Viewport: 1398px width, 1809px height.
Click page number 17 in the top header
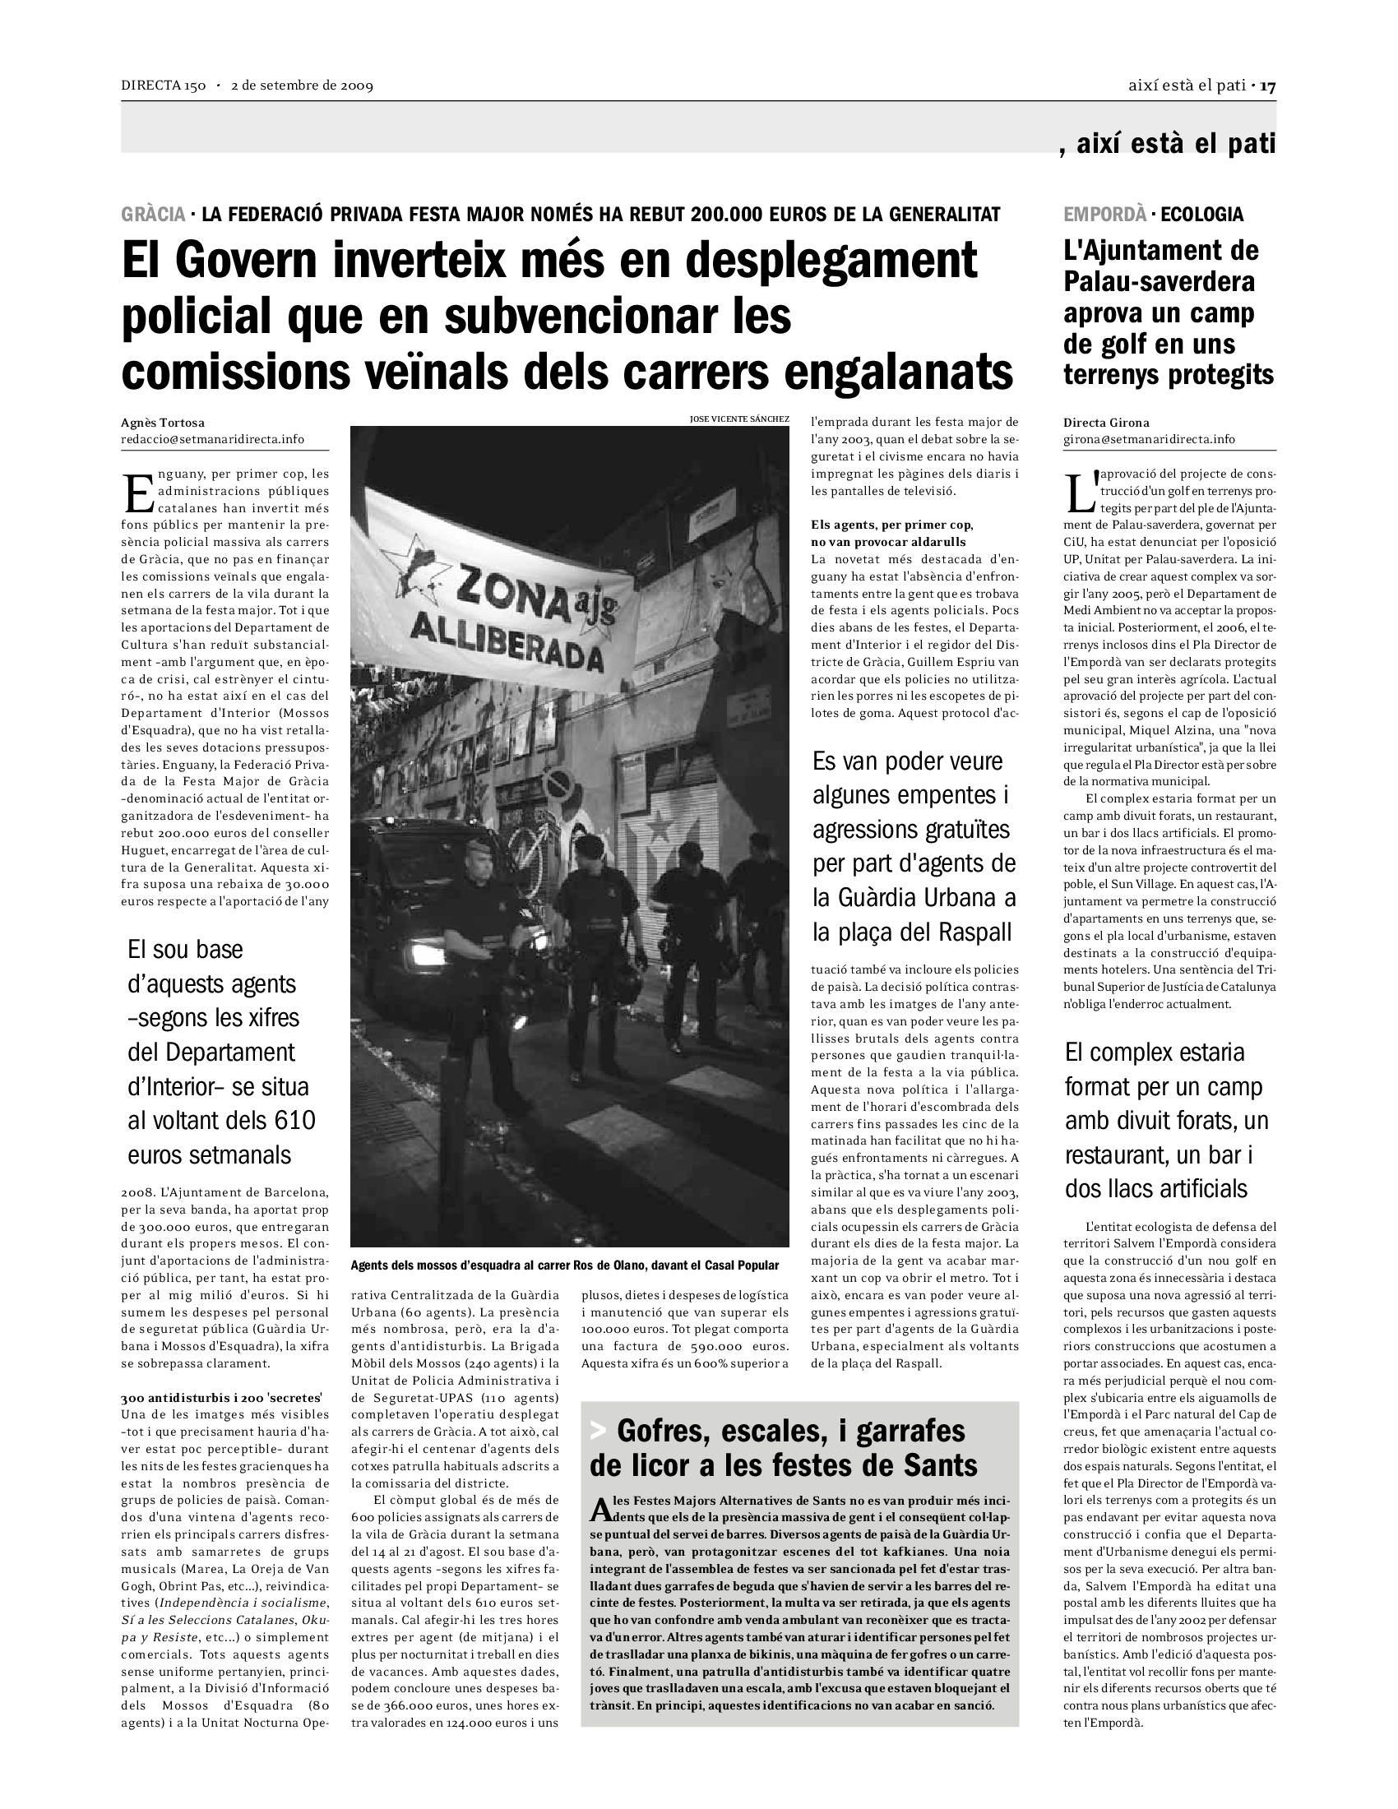click(x=1268, y=86)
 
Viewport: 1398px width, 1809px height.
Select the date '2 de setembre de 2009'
click(x=303, y=86)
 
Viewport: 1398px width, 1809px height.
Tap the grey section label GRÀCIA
click(x=153, y=215)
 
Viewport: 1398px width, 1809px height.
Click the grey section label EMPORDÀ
click(x=1104, y=215)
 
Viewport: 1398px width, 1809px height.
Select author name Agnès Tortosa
click(x=162, y=423)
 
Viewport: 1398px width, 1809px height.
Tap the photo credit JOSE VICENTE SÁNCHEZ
click(x=738, y=419)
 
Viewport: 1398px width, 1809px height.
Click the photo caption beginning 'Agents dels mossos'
click(x=565, y=1265)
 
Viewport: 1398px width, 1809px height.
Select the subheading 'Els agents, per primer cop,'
click(x=892, y=525)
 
